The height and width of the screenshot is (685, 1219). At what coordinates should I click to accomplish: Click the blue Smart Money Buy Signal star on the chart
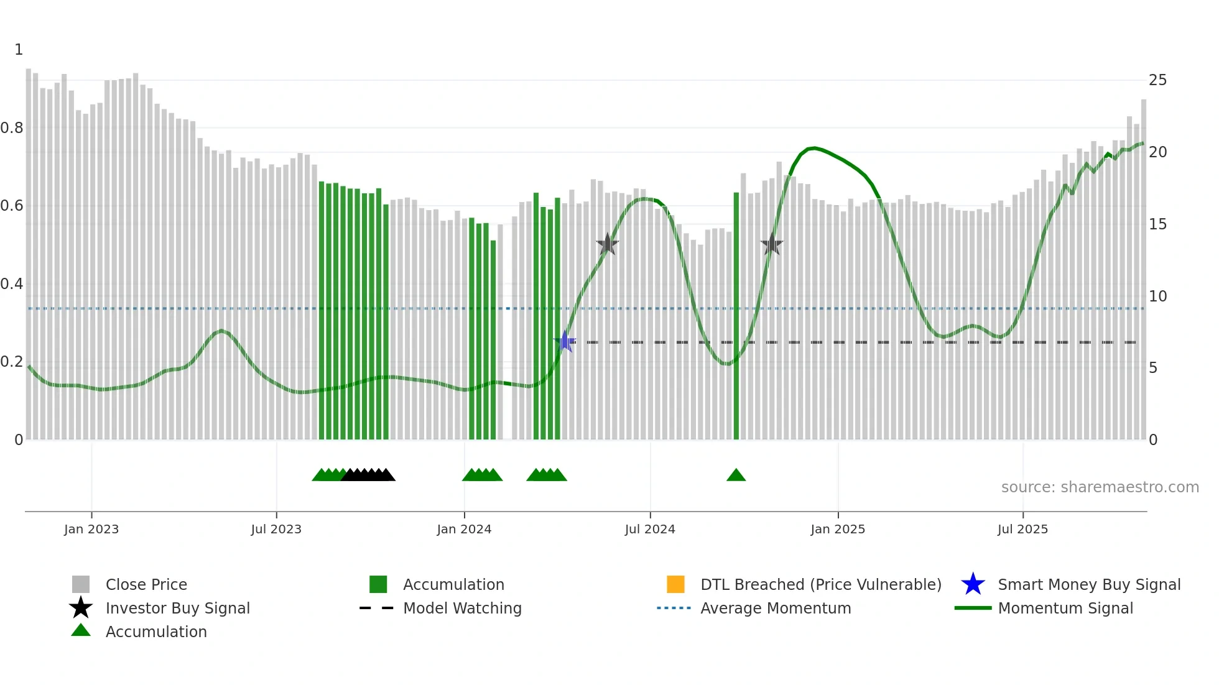[565, 341]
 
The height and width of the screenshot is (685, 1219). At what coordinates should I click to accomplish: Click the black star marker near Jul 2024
[608, 244]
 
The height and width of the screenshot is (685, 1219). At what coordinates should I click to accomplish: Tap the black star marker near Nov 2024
[772, 244]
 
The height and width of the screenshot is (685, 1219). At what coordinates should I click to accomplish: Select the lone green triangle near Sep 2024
[736, 476]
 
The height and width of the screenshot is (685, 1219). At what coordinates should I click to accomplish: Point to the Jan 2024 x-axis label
[464, 529]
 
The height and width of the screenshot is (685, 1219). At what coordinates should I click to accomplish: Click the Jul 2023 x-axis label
[276, 529]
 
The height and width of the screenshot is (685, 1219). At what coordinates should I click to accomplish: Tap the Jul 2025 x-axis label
[1022, 529]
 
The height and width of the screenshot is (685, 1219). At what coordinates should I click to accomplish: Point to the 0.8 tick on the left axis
[12, 128]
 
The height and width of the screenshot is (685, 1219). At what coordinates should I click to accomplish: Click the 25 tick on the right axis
[1157, 80]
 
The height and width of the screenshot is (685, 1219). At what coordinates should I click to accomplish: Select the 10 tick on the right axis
[1157, 297]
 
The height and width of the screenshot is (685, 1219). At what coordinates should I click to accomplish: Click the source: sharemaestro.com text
[1100, 487]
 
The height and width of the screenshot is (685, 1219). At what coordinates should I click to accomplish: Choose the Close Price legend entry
[146, 584]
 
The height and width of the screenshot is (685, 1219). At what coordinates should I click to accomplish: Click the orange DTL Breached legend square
[675, 584]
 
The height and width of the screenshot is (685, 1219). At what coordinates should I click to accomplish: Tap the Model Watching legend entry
[461, 608]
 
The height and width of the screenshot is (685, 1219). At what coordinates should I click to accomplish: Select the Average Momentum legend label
[776, 608]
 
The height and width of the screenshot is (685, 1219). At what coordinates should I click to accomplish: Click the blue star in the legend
[973, 584]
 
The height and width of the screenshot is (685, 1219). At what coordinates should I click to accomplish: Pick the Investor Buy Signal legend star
[81, 608]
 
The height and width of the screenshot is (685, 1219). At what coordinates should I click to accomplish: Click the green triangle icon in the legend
[81, 630]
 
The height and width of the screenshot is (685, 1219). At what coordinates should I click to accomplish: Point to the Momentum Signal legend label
[1065, 608]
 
